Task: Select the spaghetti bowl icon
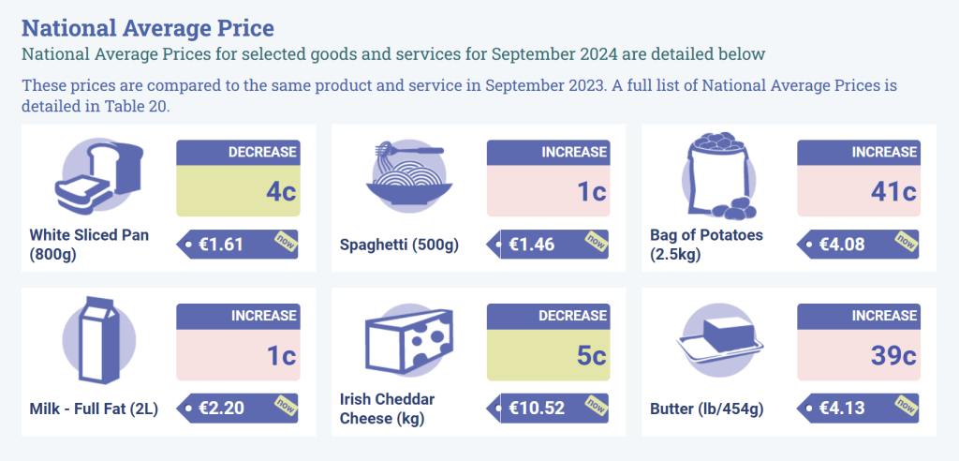point(409,175)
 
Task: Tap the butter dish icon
point(718,339)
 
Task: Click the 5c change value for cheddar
point(591,356)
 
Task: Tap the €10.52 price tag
point(548,409)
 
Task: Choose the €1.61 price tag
point(237,245)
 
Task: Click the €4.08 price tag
point(857,245)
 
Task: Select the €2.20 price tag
point(237,409)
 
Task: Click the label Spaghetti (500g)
point(399,245)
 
